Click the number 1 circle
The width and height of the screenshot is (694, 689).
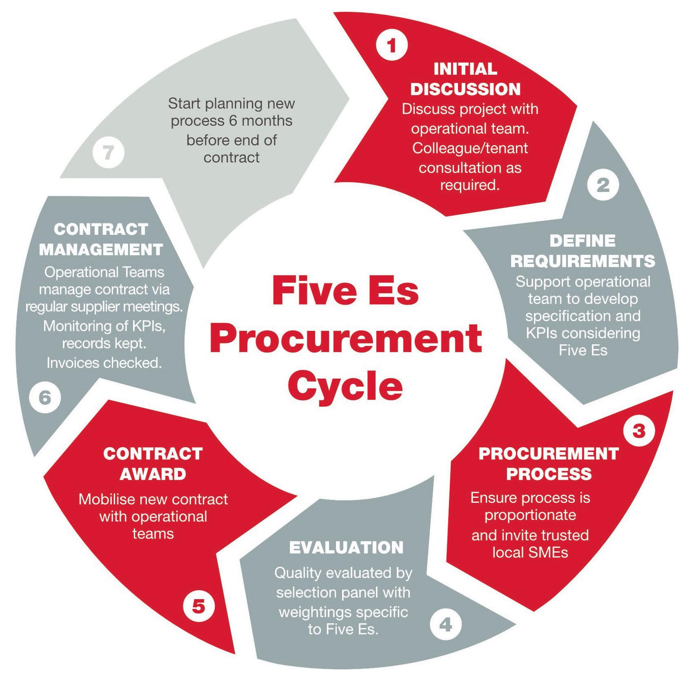[x=391, y=45]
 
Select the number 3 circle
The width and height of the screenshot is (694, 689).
[x=638, y=431]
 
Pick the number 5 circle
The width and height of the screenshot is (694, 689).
[x=198, y=606]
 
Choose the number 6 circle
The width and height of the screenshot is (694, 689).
[x=45, y=397]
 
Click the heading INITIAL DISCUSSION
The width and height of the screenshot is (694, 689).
[x=465, y=79]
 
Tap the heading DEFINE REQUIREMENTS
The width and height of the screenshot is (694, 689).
[x=583, y=251]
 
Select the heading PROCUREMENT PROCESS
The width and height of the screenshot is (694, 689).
[x=549, y=464]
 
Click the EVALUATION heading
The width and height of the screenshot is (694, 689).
[x=346, y=548]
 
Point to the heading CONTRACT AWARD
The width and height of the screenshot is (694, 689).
[x=153, y=464]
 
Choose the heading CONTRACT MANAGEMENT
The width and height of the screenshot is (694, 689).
[x=101, y=239]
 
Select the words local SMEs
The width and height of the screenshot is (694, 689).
[x=530, y=553]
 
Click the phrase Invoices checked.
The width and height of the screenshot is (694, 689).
[x=104, y=363]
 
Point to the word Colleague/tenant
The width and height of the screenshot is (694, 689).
[x=470, y=148]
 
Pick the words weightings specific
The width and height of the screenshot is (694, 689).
[x=343, y=611]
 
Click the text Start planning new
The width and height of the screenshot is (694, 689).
[x=231, y=103]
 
